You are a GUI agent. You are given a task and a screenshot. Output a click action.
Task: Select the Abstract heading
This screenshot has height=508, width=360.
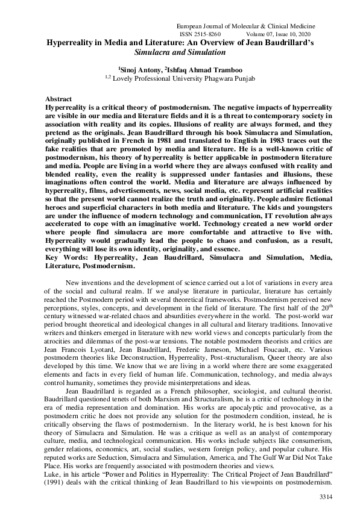58,98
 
